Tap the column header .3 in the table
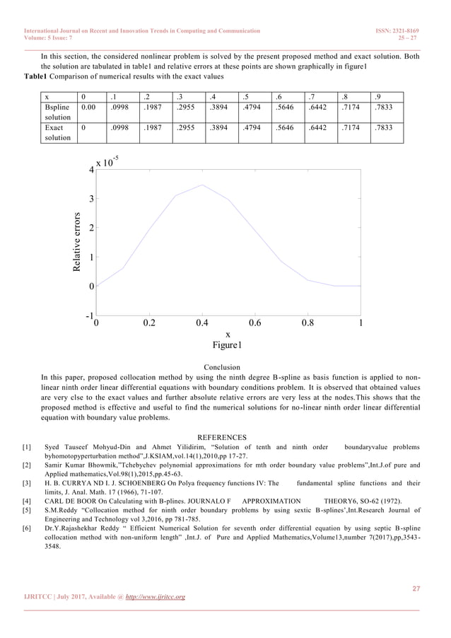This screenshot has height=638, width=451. point(182,97)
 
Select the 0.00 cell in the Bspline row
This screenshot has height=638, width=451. point(88,109)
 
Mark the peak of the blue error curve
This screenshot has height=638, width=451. point(202,185)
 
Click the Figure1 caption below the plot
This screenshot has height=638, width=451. point(228,346)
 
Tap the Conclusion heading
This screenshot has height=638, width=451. point(222,367)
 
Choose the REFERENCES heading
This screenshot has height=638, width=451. point(222,437)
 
